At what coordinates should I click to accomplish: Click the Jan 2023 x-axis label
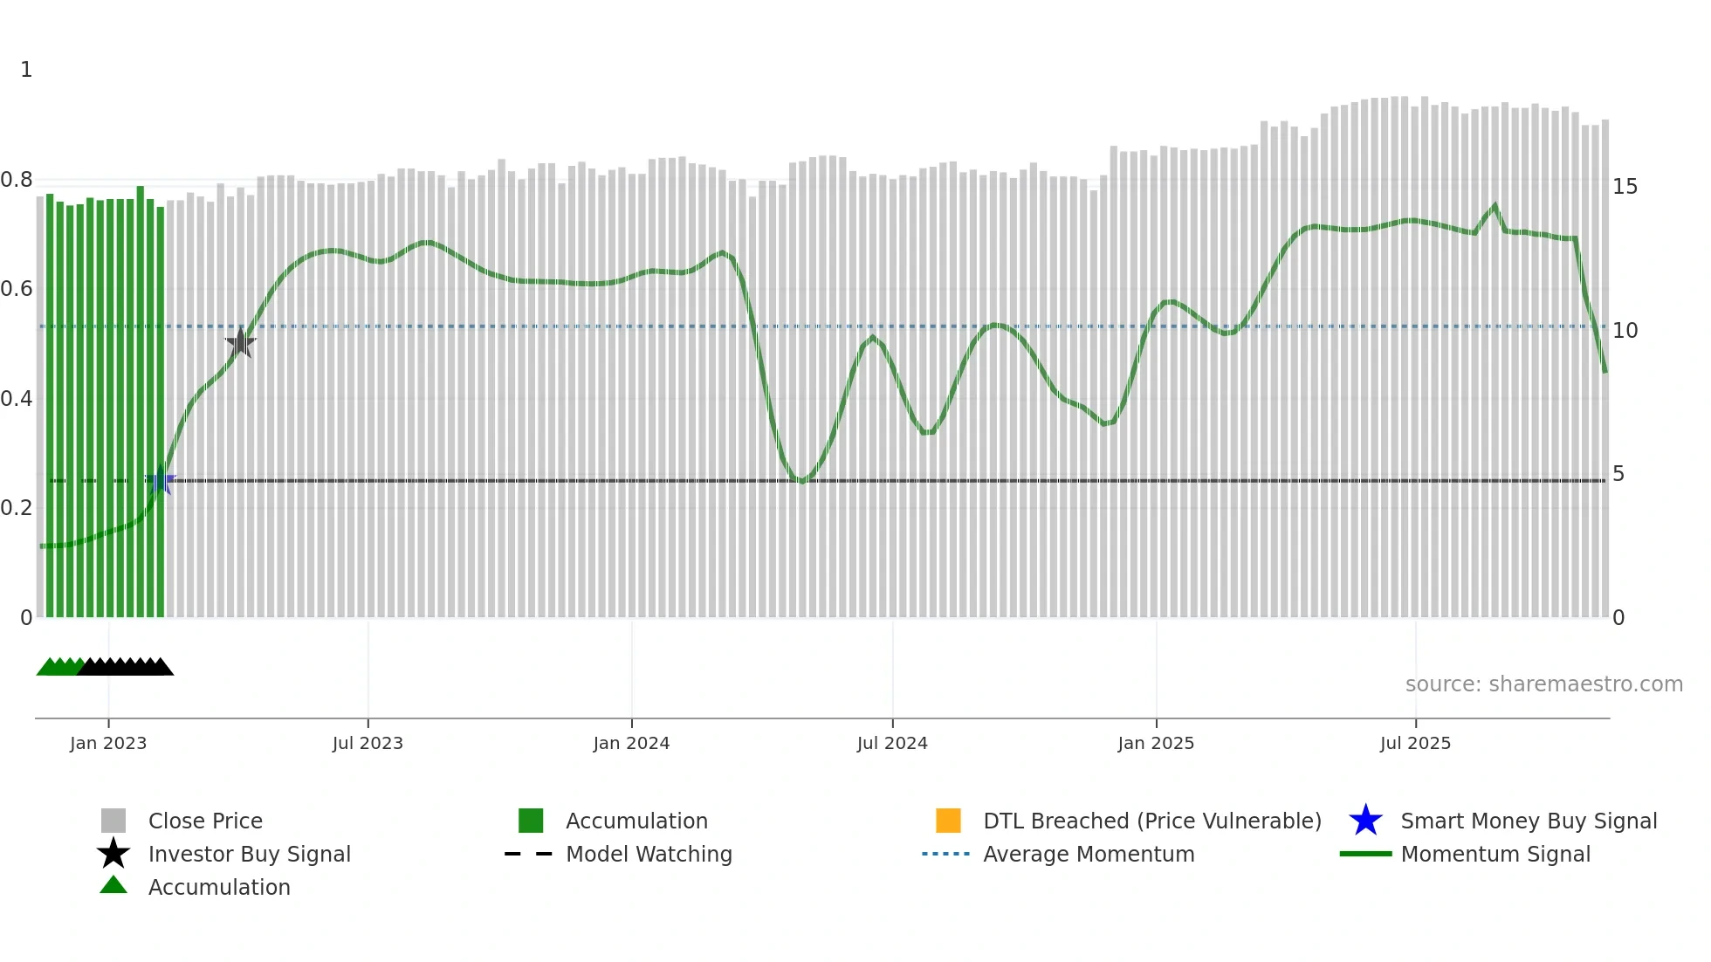108,743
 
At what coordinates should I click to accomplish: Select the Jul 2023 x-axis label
368,743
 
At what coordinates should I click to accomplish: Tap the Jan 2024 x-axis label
631,743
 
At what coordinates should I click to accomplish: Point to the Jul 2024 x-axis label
892,743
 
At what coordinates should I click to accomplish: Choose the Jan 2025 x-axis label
1156,743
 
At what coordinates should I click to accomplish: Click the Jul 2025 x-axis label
1415,743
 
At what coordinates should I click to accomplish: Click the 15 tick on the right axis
1625,187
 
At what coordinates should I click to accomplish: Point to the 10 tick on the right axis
1625,331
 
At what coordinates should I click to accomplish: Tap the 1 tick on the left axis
26,70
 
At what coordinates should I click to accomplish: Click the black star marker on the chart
240,343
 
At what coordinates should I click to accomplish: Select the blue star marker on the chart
161,481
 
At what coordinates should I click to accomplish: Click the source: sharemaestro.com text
1543,684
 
